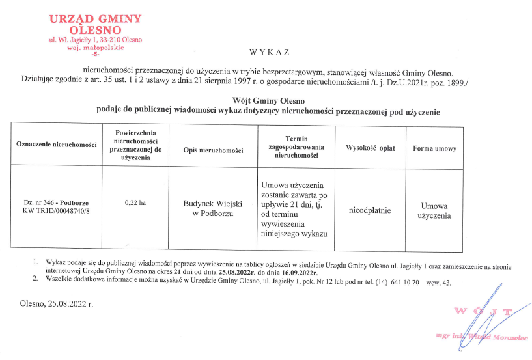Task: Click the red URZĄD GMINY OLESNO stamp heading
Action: point(95,23)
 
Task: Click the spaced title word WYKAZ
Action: point(269,52)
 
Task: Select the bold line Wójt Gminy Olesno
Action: point(268,101)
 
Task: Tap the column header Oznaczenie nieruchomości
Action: point(56,143)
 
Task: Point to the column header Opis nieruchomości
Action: point(213,150)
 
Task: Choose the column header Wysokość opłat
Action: point(369,148)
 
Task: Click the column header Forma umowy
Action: point(434,148)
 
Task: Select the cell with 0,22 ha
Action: point(135,203)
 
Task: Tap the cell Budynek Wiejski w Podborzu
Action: point(213,208)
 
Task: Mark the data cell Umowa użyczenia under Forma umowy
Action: point(434,210)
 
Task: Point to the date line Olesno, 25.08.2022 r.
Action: point(57,303)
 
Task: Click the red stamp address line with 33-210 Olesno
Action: point(96,40)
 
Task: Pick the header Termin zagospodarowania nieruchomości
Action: point(296,147)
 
